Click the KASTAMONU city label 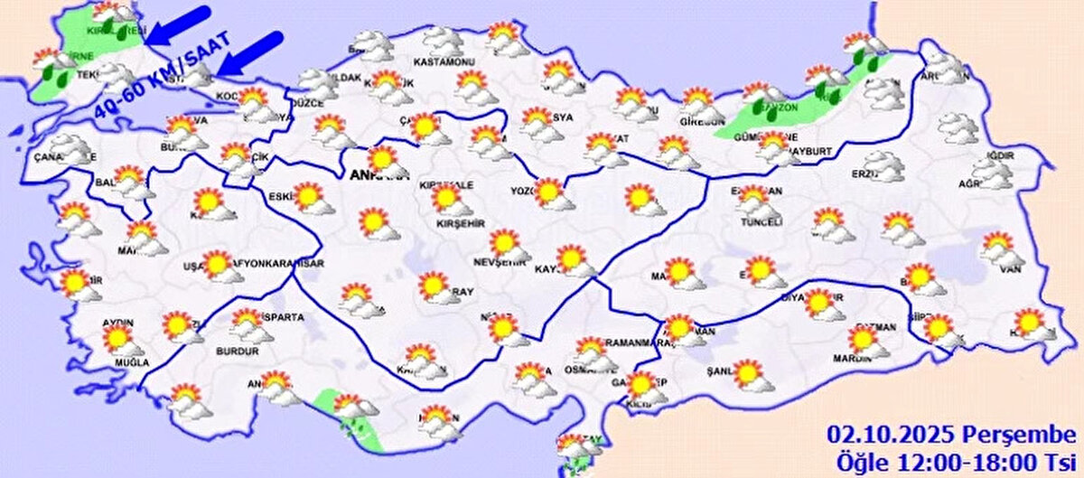pos(444,61)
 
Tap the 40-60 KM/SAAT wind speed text pos(163,76)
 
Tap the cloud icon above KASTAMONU pos(444,40)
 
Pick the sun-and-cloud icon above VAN pos(997,244)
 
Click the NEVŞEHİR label pos(500,262)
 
